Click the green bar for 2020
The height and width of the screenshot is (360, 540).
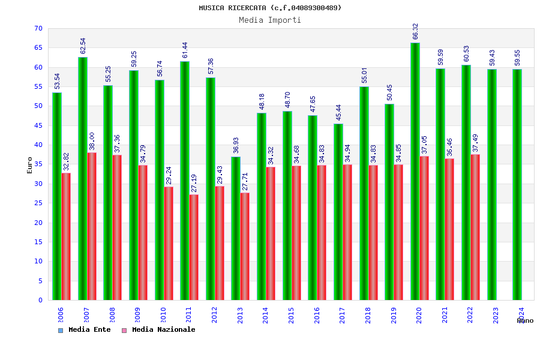point(415,171)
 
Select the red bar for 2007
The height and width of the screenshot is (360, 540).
point(92,226)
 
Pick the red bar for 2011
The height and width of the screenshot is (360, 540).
point(194,247)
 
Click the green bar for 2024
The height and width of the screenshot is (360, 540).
point(517,184)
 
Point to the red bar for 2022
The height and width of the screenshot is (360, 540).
point(475,227)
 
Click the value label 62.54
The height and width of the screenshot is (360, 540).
point(83,46)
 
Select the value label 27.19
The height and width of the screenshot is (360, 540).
point(194,183)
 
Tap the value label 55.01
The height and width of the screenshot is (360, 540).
point(364,75)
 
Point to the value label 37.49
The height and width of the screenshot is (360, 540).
point(475,143)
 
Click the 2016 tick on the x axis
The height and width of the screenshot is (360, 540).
point(317,315)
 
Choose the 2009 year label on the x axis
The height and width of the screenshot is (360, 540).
point(137,315)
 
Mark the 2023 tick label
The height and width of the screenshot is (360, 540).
point(496,315)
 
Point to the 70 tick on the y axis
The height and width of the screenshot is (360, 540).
point(38,29)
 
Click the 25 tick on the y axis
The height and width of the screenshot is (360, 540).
point(38,203)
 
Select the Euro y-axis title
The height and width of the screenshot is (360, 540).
point(30,165)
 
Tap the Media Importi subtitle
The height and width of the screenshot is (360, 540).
point(270,20)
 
